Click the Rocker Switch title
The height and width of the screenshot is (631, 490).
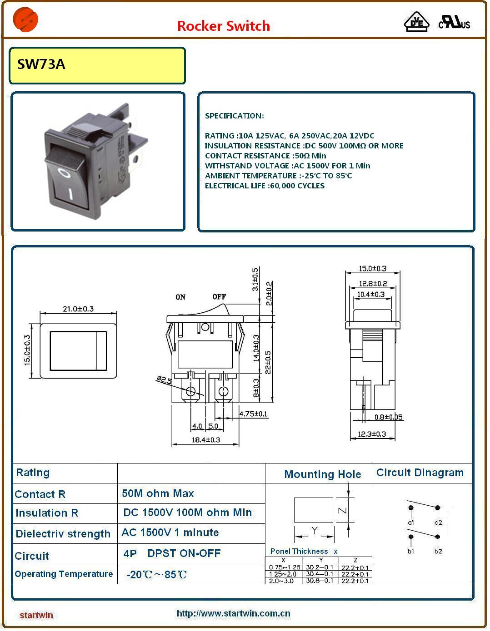[223, 26]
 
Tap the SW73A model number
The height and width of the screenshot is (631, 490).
[41, 64]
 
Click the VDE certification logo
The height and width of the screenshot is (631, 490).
[416, 22]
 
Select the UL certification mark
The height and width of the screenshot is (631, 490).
[454, 22]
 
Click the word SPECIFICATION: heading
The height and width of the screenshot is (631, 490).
[234, 116]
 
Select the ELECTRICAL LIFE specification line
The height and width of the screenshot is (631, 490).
[265, 186]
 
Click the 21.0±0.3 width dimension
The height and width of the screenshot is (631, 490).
[78, 309]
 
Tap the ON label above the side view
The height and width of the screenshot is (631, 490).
[180, 297]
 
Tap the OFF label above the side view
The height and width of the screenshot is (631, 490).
[219, 297]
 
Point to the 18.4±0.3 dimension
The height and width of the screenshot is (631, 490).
[205, 439]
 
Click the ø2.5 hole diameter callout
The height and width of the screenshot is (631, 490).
[164, 380]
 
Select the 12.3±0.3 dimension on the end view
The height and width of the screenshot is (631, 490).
[372, 434]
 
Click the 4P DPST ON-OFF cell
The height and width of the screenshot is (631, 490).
[172, 553]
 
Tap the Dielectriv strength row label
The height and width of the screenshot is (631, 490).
[63, 534]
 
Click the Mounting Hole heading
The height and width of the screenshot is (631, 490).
[322, 474]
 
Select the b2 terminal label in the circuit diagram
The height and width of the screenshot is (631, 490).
[438, 551]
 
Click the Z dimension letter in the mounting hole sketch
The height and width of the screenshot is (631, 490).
[343, 511]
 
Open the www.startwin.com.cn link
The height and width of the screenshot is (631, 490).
[233, 613]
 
